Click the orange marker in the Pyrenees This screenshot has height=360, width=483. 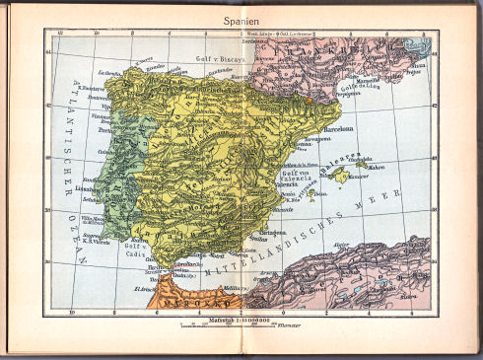(x=308, y=100)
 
